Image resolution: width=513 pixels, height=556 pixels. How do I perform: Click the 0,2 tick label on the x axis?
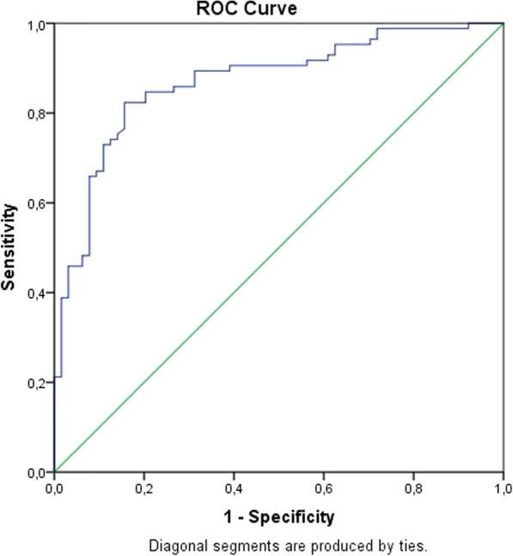point(144,489)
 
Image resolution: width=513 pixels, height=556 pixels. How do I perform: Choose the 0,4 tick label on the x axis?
point(234,489)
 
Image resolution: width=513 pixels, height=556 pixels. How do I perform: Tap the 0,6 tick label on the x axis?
point(323,489)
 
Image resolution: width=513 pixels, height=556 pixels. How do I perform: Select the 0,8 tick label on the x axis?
point(413,489)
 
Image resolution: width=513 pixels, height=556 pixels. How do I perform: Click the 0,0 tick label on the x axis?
point(54,489)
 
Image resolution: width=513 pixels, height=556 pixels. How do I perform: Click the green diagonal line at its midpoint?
point(278,247)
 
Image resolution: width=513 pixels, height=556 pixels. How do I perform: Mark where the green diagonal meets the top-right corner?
point(503,24)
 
